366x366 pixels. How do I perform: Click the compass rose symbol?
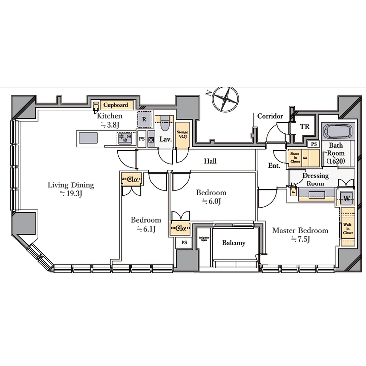[x=226, y=98]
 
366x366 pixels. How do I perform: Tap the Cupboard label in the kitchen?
[x=116, y=105]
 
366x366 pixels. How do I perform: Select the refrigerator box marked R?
[x=144, y=120]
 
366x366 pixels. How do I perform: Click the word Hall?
[x=210, y=161]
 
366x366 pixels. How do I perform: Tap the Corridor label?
[x=270, y=116]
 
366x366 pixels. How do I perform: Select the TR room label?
[x=304, y=127]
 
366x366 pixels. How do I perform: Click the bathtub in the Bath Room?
[x=338, y=132]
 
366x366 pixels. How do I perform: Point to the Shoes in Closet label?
[x=295, y=158]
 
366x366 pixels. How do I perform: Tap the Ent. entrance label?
[x=274, y=165]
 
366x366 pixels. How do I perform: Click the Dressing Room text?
[x=315, y=180]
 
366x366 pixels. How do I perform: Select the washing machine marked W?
[x=346, y=198]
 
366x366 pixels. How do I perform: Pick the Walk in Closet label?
[x=347, y=229]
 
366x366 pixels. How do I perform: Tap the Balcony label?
[x=233, y=243]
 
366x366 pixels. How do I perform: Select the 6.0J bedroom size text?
[x=211, y=202]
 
